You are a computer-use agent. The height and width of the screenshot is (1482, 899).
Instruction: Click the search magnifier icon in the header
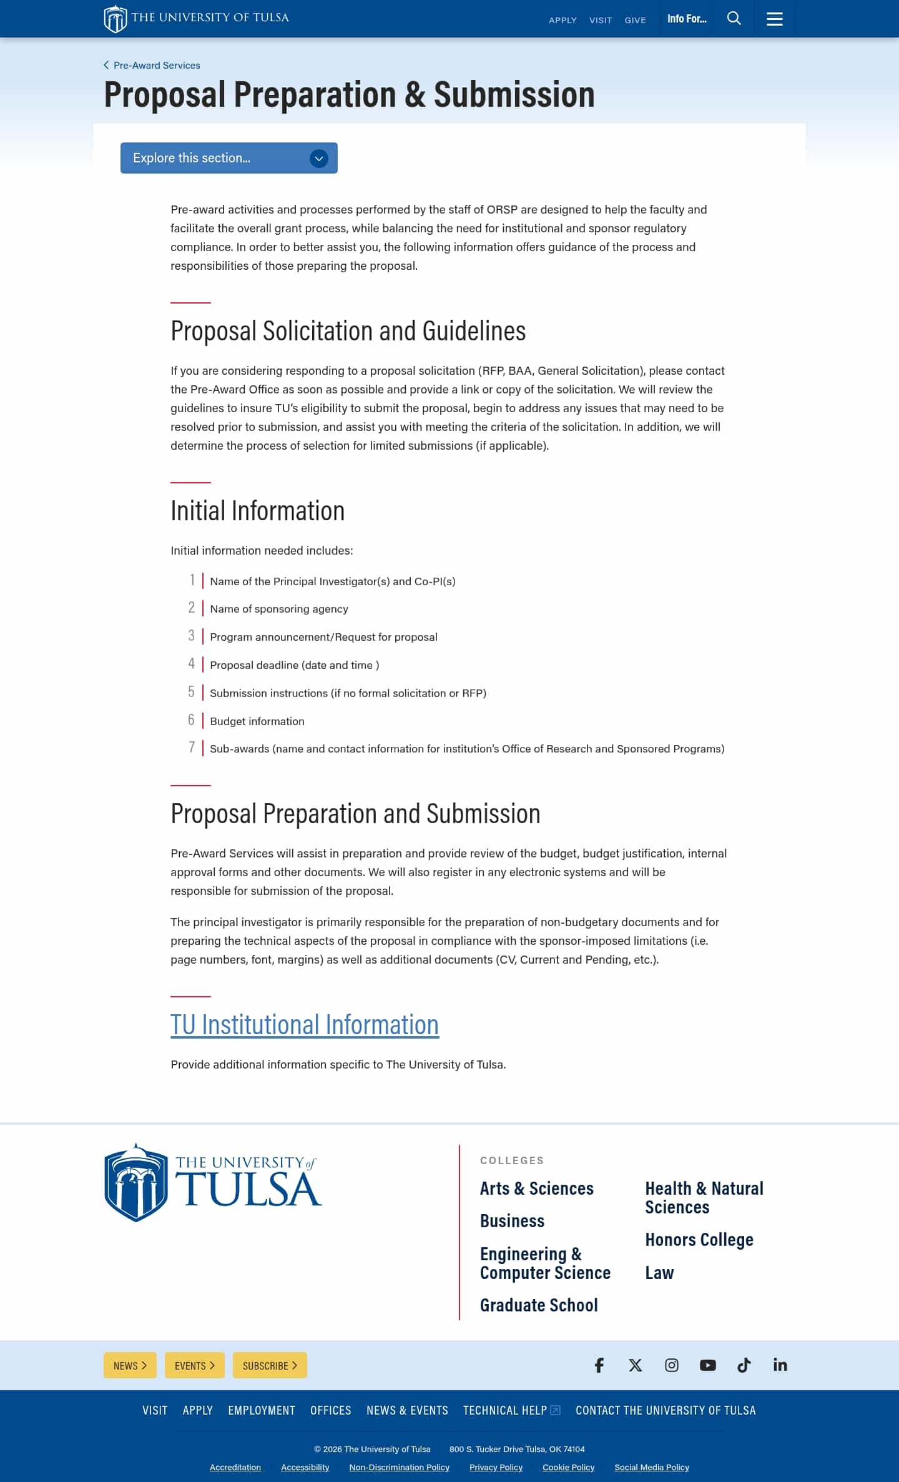click(734, 19)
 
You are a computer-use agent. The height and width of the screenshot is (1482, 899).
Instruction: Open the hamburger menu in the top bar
click(774, 19)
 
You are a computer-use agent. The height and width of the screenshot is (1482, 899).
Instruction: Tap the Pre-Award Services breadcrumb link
click(156, 66)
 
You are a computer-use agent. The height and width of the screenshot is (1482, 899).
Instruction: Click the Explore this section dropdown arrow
click(318, 159)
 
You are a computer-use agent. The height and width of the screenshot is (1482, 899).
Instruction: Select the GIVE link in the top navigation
click(635, 20)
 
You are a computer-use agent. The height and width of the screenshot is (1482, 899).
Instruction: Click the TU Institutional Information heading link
click(305, 1025)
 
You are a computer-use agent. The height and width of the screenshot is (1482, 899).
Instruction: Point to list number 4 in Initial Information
click(192, 664)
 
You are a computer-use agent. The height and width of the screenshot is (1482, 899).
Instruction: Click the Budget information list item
click(257, 721)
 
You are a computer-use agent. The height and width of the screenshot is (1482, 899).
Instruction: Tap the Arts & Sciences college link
click(536, 1188)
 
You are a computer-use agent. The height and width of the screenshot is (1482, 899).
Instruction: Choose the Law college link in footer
click(659, 1273)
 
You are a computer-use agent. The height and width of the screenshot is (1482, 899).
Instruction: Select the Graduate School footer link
click(539, 1305)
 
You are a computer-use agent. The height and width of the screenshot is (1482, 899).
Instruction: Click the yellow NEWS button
click(130, 1366)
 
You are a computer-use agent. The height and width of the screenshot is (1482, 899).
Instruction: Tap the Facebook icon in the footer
click(599, 1366)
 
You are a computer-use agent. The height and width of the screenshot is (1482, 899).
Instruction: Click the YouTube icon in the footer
click(708, 1366)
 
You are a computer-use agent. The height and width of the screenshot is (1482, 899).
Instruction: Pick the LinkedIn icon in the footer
click(780, 1366)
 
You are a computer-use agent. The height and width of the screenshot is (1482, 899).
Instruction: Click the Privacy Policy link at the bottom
click(496, 1468)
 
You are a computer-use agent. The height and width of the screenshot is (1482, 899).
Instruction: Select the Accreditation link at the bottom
click(235, 1468)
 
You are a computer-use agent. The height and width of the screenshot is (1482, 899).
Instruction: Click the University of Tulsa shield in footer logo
click(136, 1183)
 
